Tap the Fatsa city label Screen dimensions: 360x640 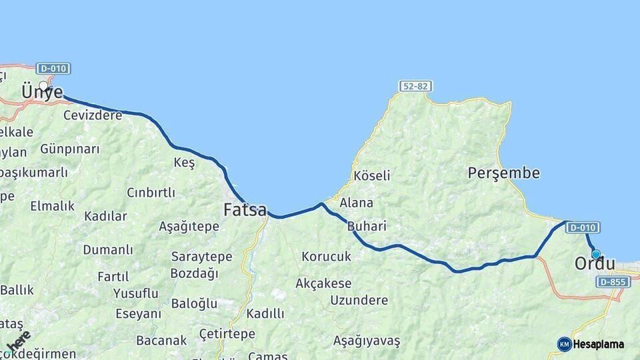click(245, 210)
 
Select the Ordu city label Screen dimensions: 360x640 click(595, 264)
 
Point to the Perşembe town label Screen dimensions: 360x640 click(503, 173)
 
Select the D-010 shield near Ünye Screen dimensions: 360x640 click(53, 69)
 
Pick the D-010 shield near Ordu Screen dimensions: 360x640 click(583, 227)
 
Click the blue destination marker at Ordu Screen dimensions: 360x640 click(596, 254)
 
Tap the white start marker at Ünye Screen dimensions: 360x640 click(44, 85)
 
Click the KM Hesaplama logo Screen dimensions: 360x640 click(591, 344)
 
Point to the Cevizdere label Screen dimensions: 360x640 click(93, 115)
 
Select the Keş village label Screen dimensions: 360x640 click(184, 163)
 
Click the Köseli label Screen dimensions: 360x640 click(372, 176)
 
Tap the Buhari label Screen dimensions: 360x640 click(367, 227)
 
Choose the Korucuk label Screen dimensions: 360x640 click(326, 256)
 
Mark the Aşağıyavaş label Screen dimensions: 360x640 click(367, 341)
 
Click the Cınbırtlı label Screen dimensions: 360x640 click(151, 193)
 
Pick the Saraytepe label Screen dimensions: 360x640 click(201, 257)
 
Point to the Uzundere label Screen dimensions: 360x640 click(359, 300)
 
